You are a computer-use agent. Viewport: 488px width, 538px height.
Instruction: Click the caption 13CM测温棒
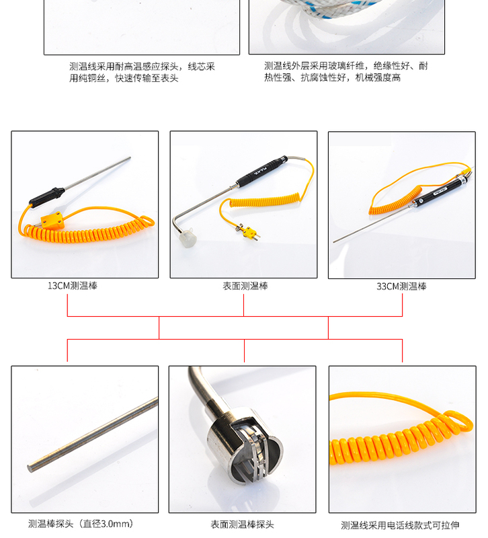coord(72,286)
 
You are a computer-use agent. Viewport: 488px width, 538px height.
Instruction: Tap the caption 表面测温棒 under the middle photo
coord(245,286)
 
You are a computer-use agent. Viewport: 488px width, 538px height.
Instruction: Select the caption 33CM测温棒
coord(401,286)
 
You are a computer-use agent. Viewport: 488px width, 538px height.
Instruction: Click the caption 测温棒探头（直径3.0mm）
coord(81,524)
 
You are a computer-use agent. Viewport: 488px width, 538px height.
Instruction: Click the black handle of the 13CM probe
coord(47,196)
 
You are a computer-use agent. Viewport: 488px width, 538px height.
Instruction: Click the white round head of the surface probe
coord(188,237)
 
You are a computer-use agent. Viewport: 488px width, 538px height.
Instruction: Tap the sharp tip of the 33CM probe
coord(335,241)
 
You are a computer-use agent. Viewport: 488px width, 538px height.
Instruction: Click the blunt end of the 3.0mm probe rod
coord(31,466)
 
